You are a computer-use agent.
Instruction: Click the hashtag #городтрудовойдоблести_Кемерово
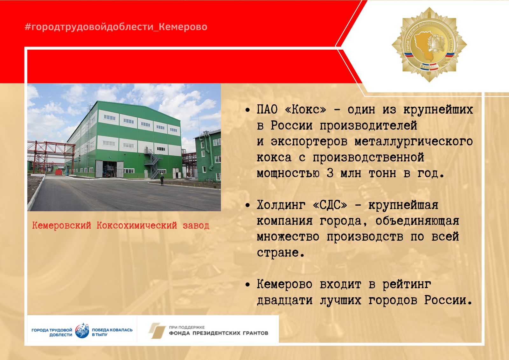coord(116,27)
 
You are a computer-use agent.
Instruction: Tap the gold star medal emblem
coord(429,45)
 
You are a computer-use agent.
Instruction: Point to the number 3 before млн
coord(330,173)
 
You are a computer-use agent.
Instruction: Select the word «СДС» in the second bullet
coord(330,205)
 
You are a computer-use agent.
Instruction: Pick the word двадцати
coord(285,301)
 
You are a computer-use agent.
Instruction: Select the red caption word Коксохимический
coord(137,225)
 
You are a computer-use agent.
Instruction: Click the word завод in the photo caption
coord(196,226)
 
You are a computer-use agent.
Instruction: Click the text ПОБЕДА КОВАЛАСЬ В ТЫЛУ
coord(112,332)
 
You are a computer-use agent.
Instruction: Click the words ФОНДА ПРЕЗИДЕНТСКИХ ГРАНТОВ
coord(219,333)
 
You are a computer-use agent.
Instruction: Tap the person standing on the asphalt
coord(162,180)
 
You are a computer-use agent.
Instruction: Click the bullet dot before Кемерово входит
coord(248,285)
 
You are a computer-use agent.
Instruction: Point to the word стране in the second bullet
coord(281,253)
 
